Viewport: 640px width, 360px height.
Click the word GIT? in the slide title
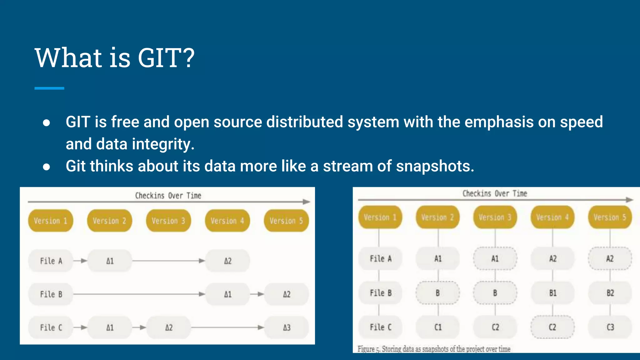166,58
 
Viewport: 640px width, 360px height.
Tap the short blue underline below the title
49,88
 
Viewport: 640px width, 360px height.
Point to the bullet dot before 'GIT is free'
47,123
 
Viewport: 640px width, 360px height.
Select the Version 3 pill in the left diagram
168,221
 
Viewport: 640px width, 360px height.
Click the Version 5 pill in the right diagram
610,217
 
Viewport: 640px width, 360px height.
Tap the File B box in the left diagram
51,294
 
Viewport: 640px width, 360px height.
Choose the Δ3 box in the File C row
287,327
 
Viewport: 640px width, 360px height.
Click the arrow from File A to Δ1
80,261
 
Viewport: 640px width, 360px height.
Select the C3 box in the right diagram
610,327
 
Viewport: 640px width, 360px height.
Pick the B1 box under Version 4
552,293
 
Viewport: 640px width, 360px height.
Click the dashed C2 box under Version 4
552,327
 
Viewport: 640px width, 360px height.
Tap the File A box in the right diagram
380,259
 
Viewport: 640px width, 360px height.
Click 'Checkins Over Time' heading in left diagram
168,196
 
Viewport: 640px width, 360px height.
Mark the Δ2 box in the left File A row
227,261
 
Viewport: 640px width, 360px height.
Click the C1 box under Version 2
438,327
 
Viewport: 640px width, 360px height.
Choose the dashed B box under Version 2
437,293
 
